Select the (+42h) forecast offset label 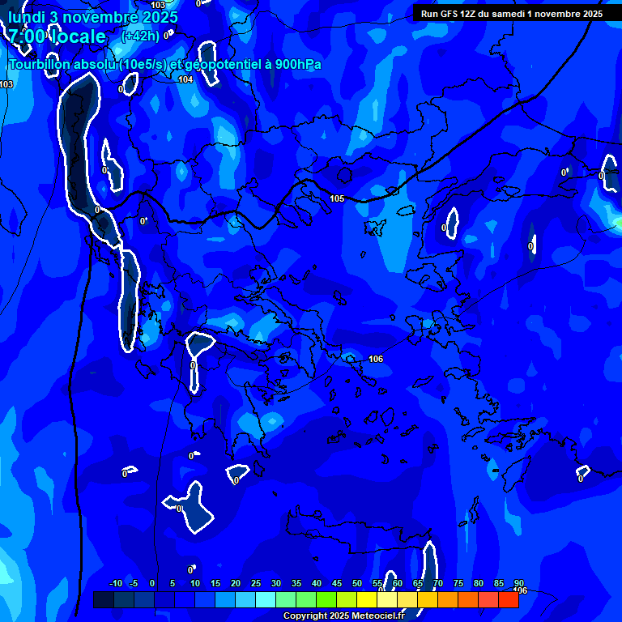pyautogui.click(x=140, y=36)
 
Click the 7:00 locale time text pyautogui.click(x=57, y=36)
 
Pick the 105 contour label pyautogui.click(x=337, y=198)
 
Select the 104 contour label pyautogui.click(x=185, y=79)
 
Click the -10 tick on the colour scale pyautogui.click(x=115, y=584)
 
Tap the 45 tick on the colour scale pyautogui.click(x=336, y=584)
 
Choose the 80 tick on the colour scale pyautogui.click(x=478, y=584)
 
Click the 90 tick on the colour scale pyautogui.click(x=518, y=584)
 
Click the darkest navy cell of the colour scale pyautogui.click(x=104, y=599)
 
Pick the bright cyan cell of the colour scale pyautogui.click(x=265, y=599)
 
